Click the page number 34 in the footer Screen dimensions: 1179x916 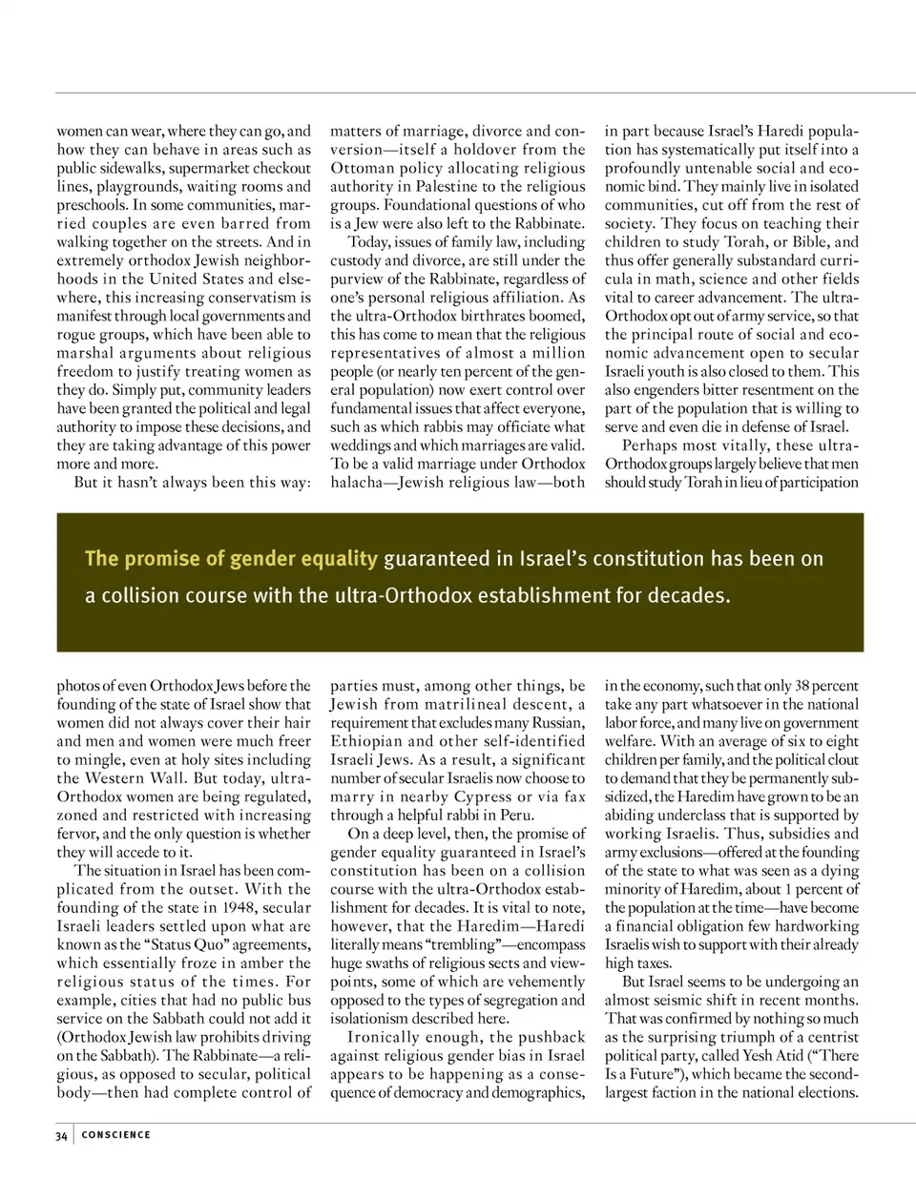point(61,1135)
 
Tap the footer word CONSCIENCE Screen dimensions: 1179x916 point(116,1135)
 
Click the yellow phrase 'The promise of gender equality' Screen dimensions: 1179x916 point(231,558)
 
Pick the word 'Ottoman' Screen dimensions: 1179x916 point(363,168)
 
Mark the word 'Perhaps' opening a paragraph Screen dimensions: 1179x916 point(652,445)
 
